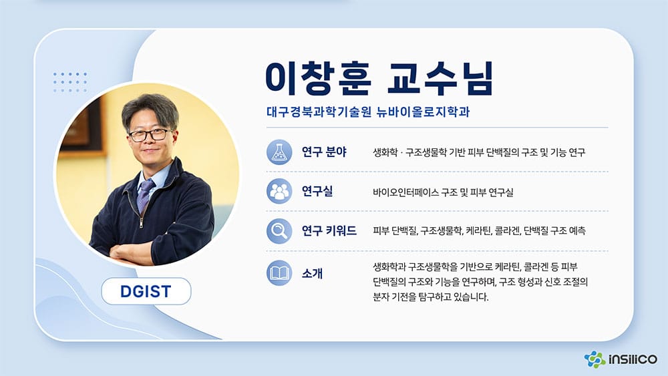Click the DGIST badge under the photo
pyautogui.click(x=146, y=291)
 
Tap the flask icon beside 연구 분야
pyautogui.click(x=279, y=152)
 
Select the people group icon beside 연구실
pyautogui.click(x=279, y=191)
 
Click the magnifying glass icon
pyautogui.click(x=279, y=231)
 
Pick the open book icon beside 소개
pyautogui.click(x=279, y=273)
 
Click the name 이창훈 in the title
pyautogui.click(x=318, y=78)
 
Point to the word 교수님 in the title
pyautogui.click(x=440, y=78)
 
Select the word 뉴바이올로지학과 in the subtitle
pyautogui.click(x=423, y=112)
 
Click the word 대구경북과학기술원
pyautogui.click(x=319, y=112)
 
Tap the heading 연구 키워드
pyautogui.click(x=329, y=231)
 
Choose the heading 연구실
pyautogui.click(x=317, y=191)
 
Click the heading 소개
pyautogui.click(x=312, y=273)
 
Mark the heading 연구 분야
pyautogui.click(x=324, y=152)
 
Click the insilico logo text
pyautogui.click(x=633, y=359)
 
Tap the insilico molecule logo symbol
pyautogui.click(x=595, y=359)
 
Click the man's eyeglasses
pyautogui.click(x=150, y=135)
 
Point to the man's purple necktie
pyautogui.click(x=145, y=195)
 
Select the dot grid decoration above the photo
pyautogui.click(x=70, y=82)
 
